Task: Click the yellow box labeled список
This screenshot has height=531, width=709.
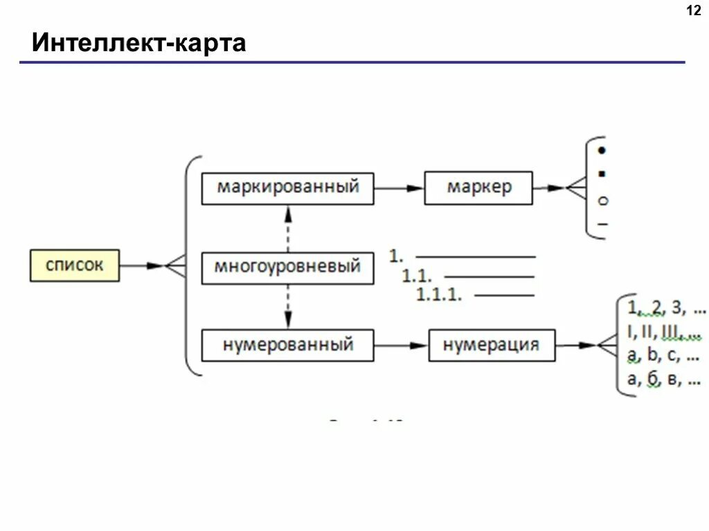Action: (x=75, y=265)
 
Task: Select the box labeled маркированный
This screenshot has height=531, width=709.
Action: (x=287, y=188)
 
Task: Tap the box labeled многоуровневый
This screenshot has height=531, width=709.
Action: (x=287, y=267)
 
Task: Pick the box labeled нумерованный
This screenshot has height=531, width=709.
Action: (x=287, y=344)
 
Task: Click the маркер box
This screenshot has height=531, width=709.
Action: (x=478, y=188)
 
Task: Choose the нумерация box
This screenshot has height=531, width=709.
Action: (x=492, y=344)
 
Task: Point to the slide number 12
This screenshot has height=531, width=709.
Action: (x=693, y=11)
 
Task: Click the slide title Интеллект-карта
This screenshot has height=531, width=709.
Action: (x=139, y=44)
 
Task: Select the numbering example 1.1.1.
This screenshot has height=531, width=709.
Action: (x=439, y=295)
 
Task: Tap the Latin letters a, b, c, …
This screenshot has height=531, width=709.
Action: (x=663, y=356)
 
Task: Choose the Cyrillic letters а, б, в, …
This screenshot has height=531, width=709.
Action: (x=663, y=380)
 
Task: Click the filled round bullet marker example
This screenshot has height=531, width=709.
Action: (x=602, y=150)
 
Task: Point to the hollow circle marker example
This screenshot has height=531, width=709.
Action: (x=602, y=201)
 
